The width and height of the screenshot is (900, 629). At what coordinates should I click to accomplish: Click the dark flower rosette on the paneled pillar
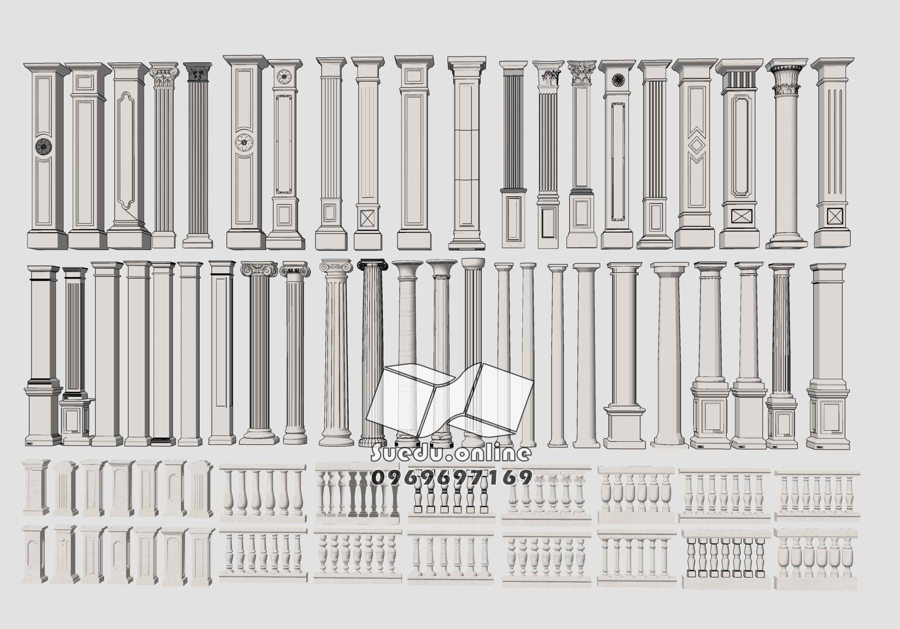coord(43,146)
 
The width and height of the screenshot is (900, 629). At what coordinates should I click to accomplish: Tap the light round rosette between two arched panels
coord(244,143)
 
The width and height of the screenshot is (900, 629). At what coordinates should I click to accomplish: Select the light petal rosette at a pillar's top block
coord(283,76)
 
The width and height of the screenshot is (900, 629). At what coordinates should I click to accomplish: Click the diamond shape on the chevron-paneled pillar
coord(696,145)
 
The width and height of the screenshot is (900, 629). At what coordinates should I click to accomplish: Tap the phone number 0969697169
coord(451,478)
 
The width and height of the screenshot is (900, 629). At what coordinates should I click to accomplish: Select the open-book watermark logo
coord(449,401)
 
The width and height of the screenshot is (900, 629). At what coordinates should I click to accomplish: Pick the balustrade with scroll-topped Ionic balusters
coord(546,495)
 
